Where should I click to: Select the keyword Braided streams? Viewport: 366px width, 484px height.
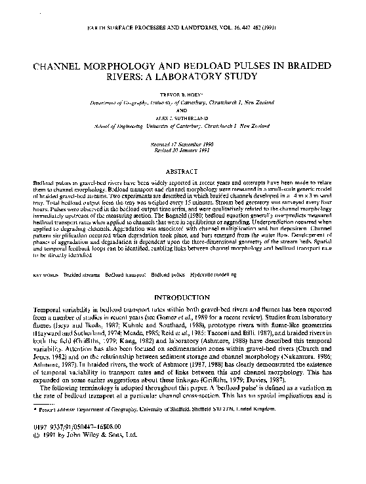82,268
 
